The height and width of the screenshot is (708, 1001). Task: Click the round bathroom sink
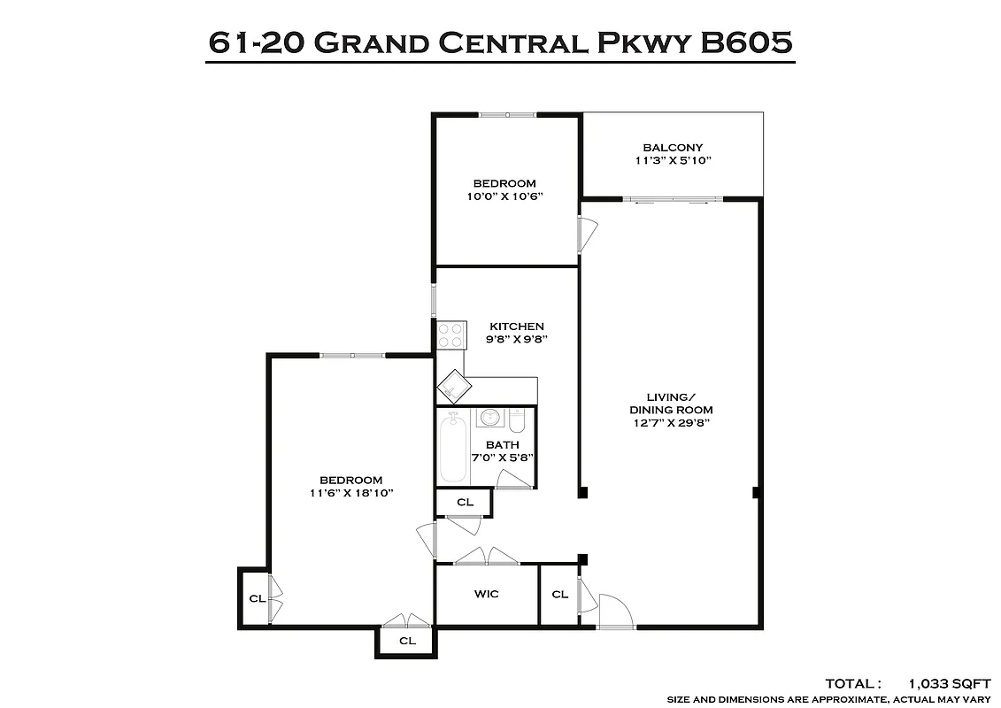click(489, 418)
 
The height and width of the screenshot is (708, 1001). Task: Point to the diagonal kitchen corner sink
click(452, 386)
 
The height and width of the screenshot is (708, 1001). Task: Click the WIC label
click(486, 594)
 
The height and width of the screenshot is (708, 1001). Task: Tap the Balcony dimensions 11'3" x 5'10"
click(673, 161)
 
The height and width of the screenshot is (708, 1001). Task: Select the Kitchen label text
click(517, 327)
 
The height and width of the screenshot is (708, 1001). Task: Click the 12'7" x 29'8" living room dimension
click(671, 423)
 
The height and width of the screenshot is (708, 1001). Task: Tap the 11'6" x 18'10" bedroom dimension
click(351, 493)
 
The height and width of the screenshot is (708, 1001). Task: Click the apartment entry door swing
click(614, 611)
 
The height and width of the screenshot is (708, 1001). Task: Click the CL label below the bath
click(465, 503)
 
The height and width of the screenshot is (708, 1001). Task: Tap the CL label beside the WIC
click(559, 595)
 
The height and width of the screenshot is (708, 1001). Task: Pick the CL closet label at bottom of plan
click(407, 641)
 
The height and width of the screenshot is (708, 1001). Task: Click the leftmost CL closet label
click(256, 599)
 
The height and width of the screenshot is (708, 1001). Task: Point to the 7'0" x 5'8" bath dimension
click(502, 458)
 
